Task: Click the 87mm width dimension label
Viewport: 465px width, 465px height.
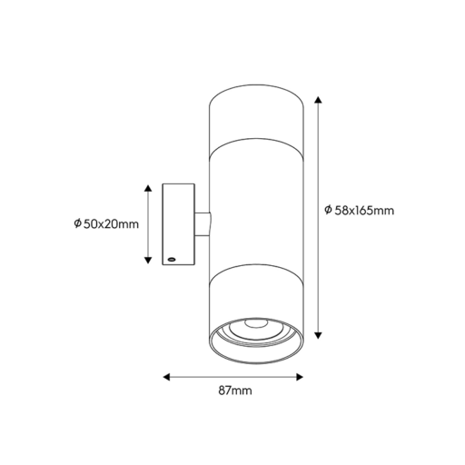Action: click(x=235, y=391)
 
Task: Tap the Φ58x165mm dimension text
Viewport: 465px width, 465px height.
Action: click(x=359, y=211)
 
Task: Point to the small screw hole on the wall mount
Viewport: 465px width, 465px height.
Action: click(x=169, y=258)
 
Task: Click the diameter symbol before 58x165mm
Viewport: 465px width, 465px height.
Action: click(x=328, y=211)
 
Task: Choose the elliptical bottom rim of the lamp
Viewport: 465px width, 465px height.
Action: click(x=255, y=353)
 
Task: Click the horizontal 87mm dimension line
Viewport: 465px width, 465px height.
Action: click(x=233, y=374)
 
